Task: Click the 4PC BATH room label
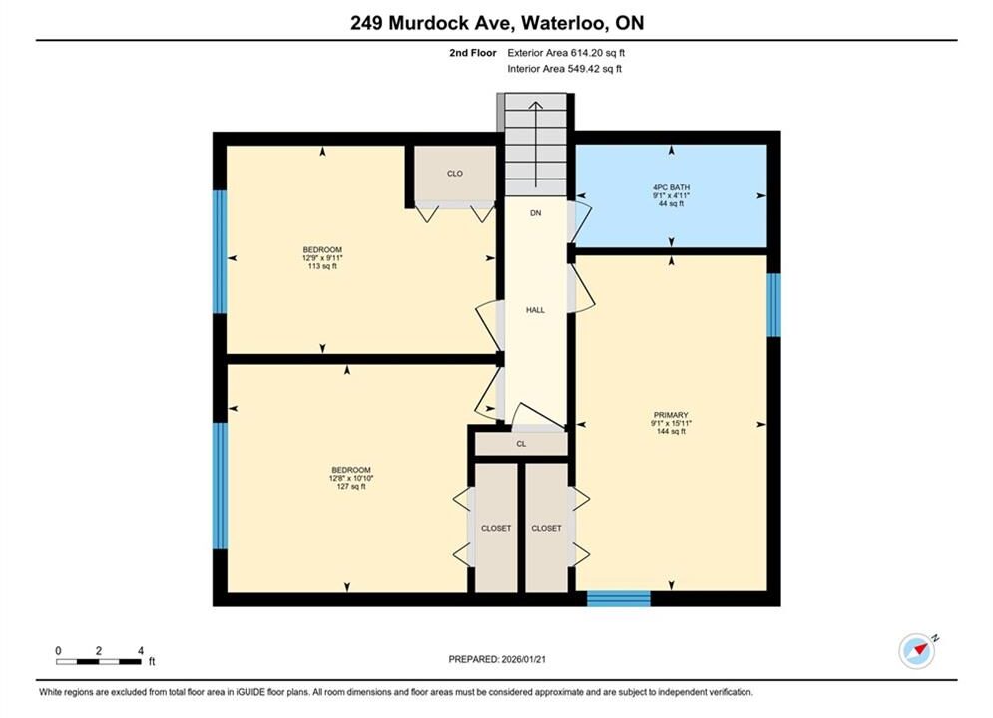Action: (x=671, y=187)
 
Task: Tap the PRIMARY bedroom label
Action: (x=671, y=415)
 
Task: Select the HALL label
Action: (x=535, y=310)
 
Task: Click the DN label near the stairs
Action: (x=536, y=213)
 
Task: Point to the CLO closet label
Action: (x=455, y=173)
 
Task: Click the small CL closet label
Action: (x=521, y=444)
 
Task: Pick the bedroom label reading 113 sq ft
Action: (x=322, y=258)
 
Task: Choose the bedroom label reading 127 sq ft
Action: (x=351, y=478)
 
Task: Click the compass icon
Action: (x=917, y=650)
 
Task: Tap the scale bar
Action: (x=98, y=662)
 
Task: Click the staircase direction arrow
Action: (x=536, y=145)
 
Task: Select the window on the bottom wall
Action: (x=618, y=598)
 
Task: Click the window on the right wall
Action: (x=773, y=305)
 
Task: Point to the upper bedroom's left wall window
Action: (x=220, y=251)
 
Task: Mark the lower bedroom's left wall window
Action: (x=220, y=486)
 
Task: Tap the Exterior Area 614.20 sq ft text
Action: (x=566, y=53)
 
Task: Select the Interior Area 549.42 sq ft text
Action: (x=564, y=69)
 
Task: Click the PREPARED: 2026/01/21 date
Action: (x=497, y=659)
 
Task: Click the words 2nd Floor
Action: (x=473, y=53)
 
